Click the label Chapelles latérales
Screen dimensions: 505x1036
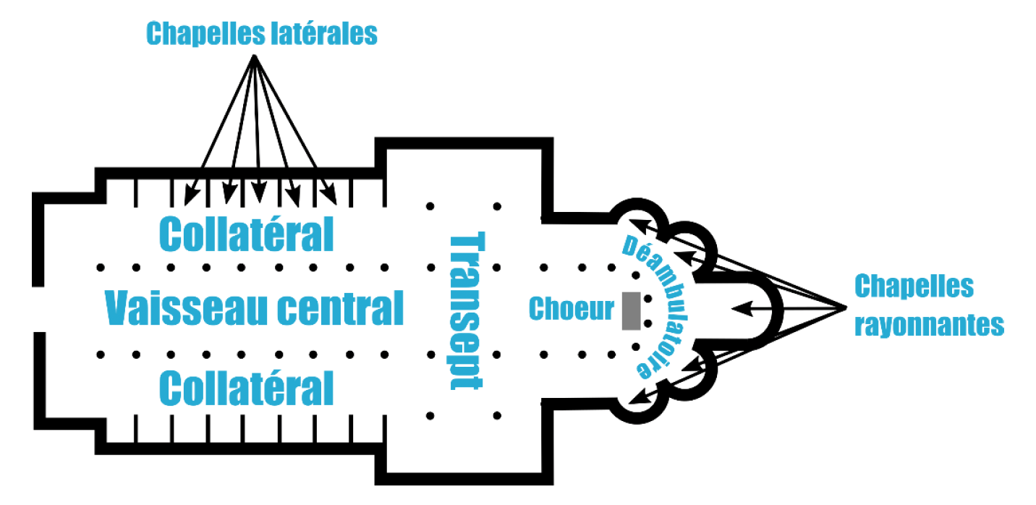[x=262, y=33]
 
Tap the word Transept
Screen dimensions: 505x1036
[x=465, y=311]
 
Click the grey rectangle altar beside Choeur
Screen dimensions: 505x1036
[x=632, y=310]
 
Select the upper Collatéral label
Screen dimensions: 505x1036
[x=246, y=234]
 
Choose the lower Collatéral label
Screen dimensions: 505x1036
[x=246, y=388]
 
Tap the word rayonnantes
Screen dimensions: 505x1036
[x=929, y=326]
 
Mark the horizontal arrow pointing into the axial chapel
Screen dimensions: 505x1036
[x=752, y=309]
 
